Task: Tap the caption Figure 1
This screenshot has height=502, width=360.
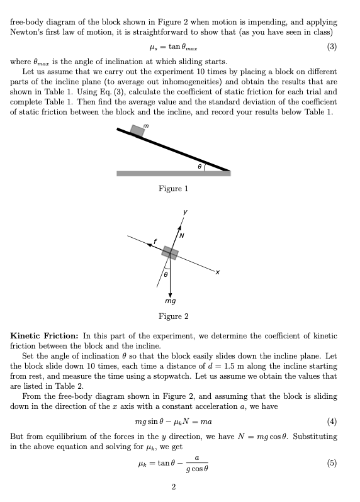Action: [x=173, y=189]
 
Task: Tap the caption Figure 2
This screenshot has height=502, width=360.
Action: [x=173, y=316]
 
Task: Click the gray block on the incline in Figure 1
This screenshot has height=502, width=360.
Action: [x=137, y=130]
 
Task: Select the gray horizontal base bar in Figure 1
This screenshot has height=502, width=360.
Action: [x=173, y=173]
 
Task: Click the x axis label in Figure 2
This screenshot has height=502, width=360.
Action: [x=217, y=272]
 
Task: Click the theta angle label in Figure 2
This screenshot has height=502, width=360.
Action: [x=165, y=275]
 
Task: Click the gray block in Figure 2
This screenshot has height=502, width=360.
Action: [x=169, y=252]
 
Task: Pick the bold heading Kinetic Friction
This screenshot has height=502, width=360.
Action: [x=46, y=336]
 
